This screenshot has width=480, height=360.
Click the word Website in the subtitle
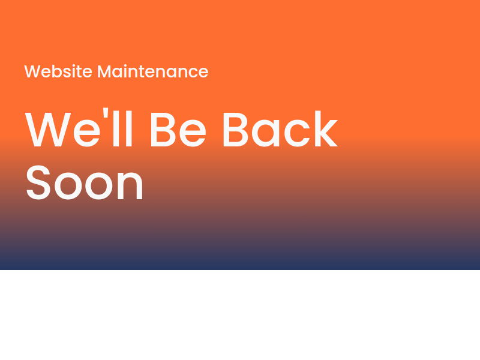click(x=58, y=71)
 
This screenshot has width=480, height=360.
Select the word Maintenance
click(x=153, y=71)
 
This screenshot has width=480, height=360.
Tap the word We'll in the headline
click(x=79, y=127)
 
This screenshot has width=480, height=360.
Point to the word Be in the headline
click(x=178, y=129)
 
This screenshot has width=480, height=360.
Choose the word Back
click(x=280, y=128)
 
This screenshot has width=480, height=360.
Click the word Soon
click(x=85, y=182)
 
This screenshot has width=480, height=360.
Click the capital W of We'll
click(x=48, y=130)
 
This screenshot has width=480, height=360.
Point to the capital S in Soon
click(x=38, y=182)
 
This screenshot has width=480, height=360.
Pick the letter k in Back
click(x=326, y=128)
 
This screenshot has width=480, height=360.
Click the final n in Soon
click(x=130, y=185)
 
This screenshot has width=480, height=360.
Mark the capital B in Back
click(x=235, y=130)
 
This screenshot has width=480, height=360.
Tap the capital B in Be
click(x=163, y=130)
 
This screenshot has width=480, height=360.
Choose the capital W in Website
click(x=32, y=71)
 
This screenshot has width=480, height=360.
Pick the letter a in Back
click(x=265, y=133)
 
